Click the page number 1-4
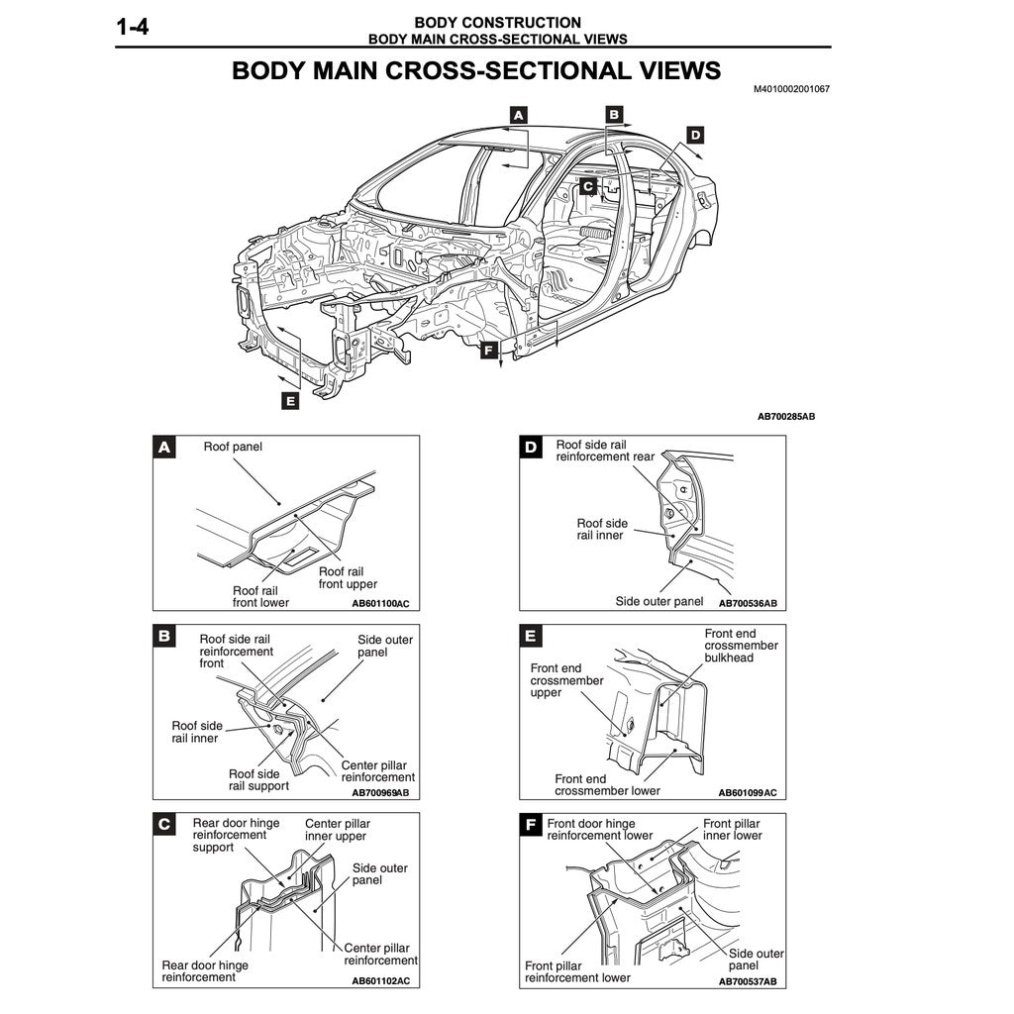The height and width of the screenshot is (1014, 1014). [x=133, y=28]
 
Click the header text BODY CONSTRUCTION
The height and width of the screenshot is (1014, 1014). [x=497, y=22]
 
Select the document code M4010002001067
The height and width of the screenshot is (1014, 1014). [x=791, y=89]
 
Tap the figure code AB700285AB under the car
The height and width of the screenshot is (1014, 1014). [x=786, y=417]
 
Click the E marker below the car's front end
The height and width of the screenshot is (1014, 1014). [x=289, y=401]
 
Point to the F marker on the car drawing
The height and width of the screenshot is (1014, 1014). [x=487, y=350]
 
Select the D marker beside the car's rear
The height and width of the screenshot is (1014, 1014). [x=695, y=135]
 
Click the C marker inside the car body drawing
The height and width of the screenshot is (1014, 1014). [x=587, y=185]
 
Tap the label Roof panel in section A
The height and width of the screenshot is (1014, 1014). [x=233, y=447]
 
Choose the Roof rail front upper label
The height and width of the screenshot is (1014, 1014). [x=348, y=577]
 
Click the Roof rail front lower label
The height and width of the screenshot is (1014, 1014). [x=260, y=596]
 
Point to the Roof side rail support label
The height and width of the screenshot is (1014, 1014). [x=258, y=780]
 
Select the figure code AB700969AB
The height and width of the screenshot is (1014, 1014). [x=380, y=792]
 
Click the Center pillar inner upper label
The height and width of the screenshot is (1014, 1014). [x=336, y=830]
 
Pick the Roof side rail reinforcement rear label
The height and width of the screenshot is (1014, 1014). [x=606, y=452]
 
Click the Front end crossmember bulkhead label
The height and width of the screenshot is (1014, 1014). [x=742, y=646]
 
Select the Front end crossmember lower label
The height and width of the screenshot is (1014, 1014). [x=607, y=785]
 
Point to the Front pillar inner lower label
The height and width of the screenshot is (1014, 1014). [x=733, y=829]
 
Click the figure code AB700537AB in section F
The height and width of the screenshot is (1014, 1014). [x=748, y=981]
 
